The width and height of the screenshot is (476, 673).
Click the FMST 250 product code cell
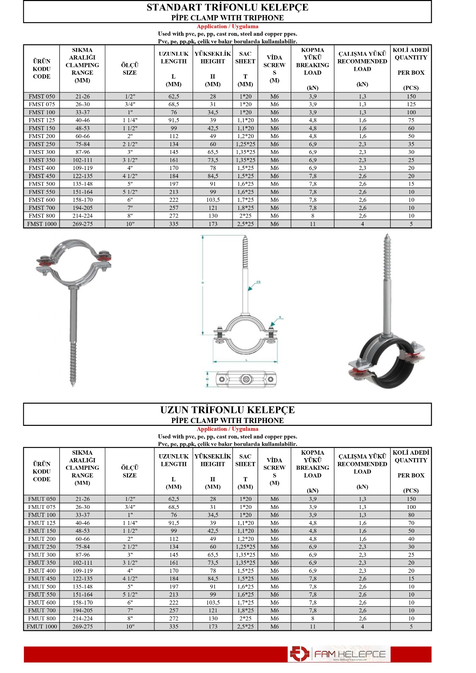tap(42, 144)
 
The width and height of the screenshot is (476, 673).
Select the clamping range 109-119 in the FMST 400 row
tap(82, 168)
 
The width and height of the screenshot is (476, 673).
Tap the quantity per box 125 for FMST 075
tap(411, 104)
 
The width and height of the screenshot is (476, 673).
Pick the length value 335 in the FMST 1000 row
tap(174, 224)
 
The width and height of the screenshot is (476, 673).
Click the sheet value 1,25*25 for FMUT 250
tap(245, 546)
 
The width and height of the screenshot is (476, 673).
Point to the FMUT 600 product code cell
tap(42, 602)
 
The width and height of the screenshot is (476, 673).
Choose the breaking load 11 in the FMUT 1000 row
tap(313, 626)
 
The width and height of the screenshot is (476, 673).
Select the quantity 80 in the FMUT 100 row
tap(411, 515)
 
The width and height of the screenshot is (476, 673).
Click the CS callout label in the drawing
tap(259, 282)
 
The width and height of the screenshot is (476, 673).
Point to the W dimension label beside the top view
tap(207, 379)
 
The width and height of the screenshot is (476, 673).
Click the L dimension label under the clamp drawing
tap(247, 360)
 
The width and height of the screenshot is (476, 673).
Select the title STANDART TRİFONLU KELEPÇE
tap(227, 7)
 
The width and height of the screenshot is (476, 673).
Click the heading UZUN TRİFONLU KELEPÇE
tap(227, 410)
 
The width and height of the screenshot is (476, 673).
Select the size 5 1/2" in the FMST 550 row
tap(130, 192)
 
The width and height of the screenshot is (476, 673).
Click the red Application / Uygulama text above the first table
tap(227, 26)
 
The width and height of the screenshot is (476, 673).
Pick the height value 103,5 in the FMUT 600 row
tap(213, 602)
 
